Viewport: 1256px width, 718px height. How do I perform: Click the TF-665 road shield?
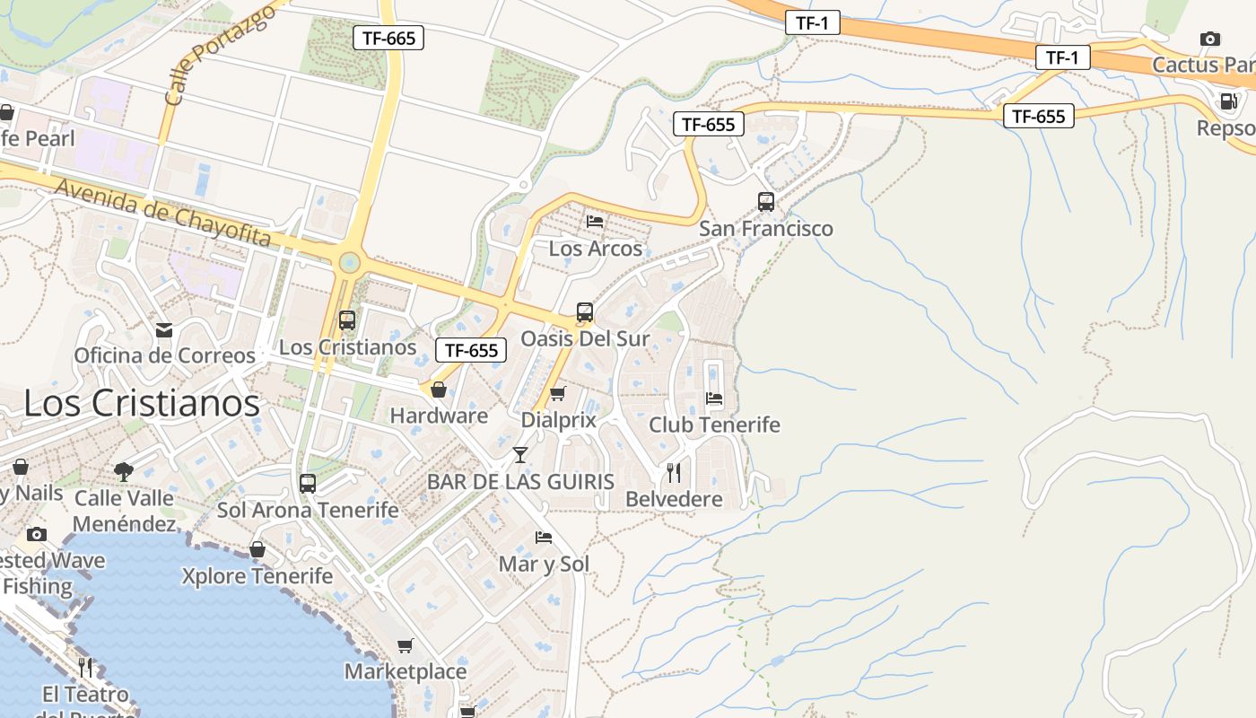click(x=388, y=38)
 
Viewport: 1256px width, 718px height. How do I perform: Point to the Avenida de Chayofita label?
click(x=163, y=213)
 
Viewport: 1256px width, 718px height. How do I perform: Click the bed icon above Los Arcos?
click(x=594, y=221)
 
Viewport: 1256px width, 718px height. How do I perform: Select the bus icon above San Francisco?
click(x=765, y=202)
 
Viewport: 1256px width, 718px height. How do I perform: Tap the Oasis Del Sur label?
click(x=585, y=338)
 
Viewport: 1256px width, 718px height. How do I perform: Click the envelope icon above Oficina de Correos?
click(x=163, y=330)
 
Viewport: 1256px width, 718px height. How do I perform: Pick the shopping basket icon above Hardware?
click(x=439, y=390)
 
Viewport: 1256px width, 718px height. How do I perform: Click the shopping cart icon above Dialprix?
click(x=557, y=393)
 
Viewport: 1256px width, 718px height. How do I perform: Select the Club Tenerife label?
click(x=714, y=425)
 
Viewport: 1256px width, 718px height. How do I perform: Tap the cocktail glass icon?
click(x=519, y=454)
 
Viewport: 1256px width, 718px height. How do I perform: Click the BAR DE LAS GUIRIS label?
click(x=520, y=482)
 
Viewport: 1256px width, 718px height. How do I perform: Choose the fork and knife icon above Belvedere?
click(x=673, y=473)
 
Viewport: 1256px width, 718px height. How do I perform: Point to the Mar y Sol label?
click(x=544, y=565)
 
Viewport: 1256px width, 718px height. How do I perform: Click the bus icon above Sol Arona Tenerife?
click(x=307, y=484)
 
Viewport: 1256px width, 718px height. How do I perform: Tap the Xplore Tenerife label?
click(x=257, y=576)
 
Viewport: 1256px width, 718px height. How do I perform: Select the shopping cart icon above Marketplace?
click(x=406, y=645)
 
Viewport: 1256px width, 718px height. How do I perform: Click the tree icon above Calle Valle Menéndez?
click(x=124, y=471)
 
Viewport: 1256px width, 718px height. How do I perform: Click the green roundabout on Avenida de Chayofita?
click(x=348, y=263)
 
